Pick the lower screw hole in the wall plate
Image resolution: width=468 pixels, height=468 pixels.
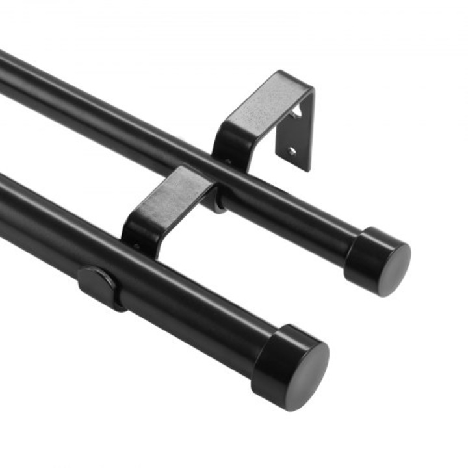coord(291,151)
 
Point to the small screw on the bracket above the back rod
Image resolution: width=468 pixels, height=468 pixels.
coord(227,161)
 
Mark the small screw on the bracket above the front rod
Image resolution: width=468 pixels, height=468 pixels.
coord(137,247)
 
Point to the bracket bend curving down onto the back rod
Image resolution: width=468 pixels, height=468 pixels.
coord(224,146)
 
